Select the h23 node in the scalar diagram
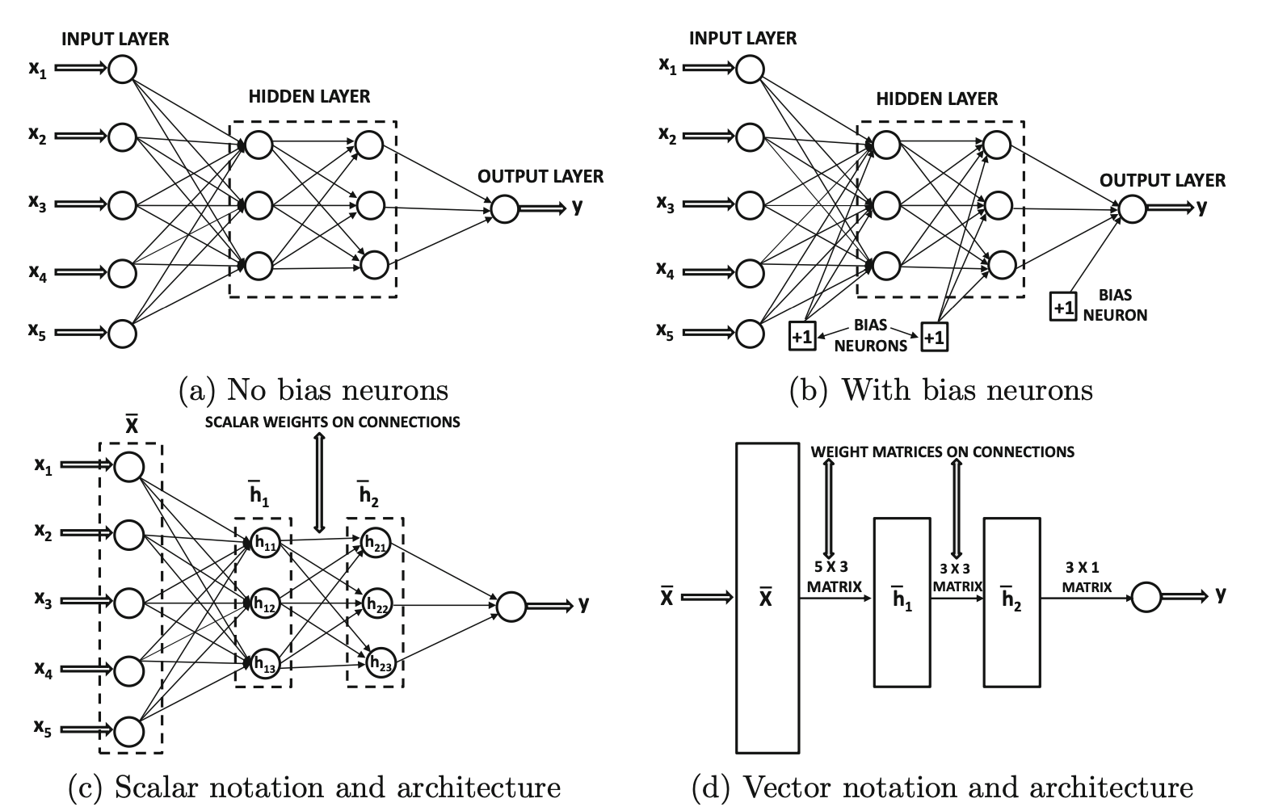click(377, 664)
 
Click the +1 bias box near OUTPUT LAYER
click(1063, 307)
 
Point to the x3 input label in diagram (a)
click(37, 204)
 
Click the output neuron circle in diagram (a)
click(504, 208)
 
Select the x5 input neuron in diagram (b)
click(751, 333)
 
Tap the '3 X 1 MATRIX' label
click(1087, 578)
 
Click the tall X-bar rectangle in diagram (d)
click(767, 598)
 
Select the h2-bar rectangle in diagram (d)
click(1011, 602)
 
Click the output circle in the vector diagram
click(1146, 597)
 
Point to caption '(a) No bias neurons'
click(313, 390)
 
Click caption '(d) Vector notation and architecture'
click(942, 786)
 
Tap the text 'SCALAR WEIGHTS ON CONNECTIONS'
click(332, 422)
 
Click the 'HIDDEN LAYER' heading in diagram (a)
click(309, 97)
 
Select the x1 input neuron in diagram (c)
click(129, 466)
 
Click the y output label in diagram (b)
click(1202, 207)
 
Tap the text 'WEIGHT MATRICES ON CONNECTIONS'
click(942, 452)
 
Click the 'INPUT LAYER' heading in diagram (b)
click(742, 38)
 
